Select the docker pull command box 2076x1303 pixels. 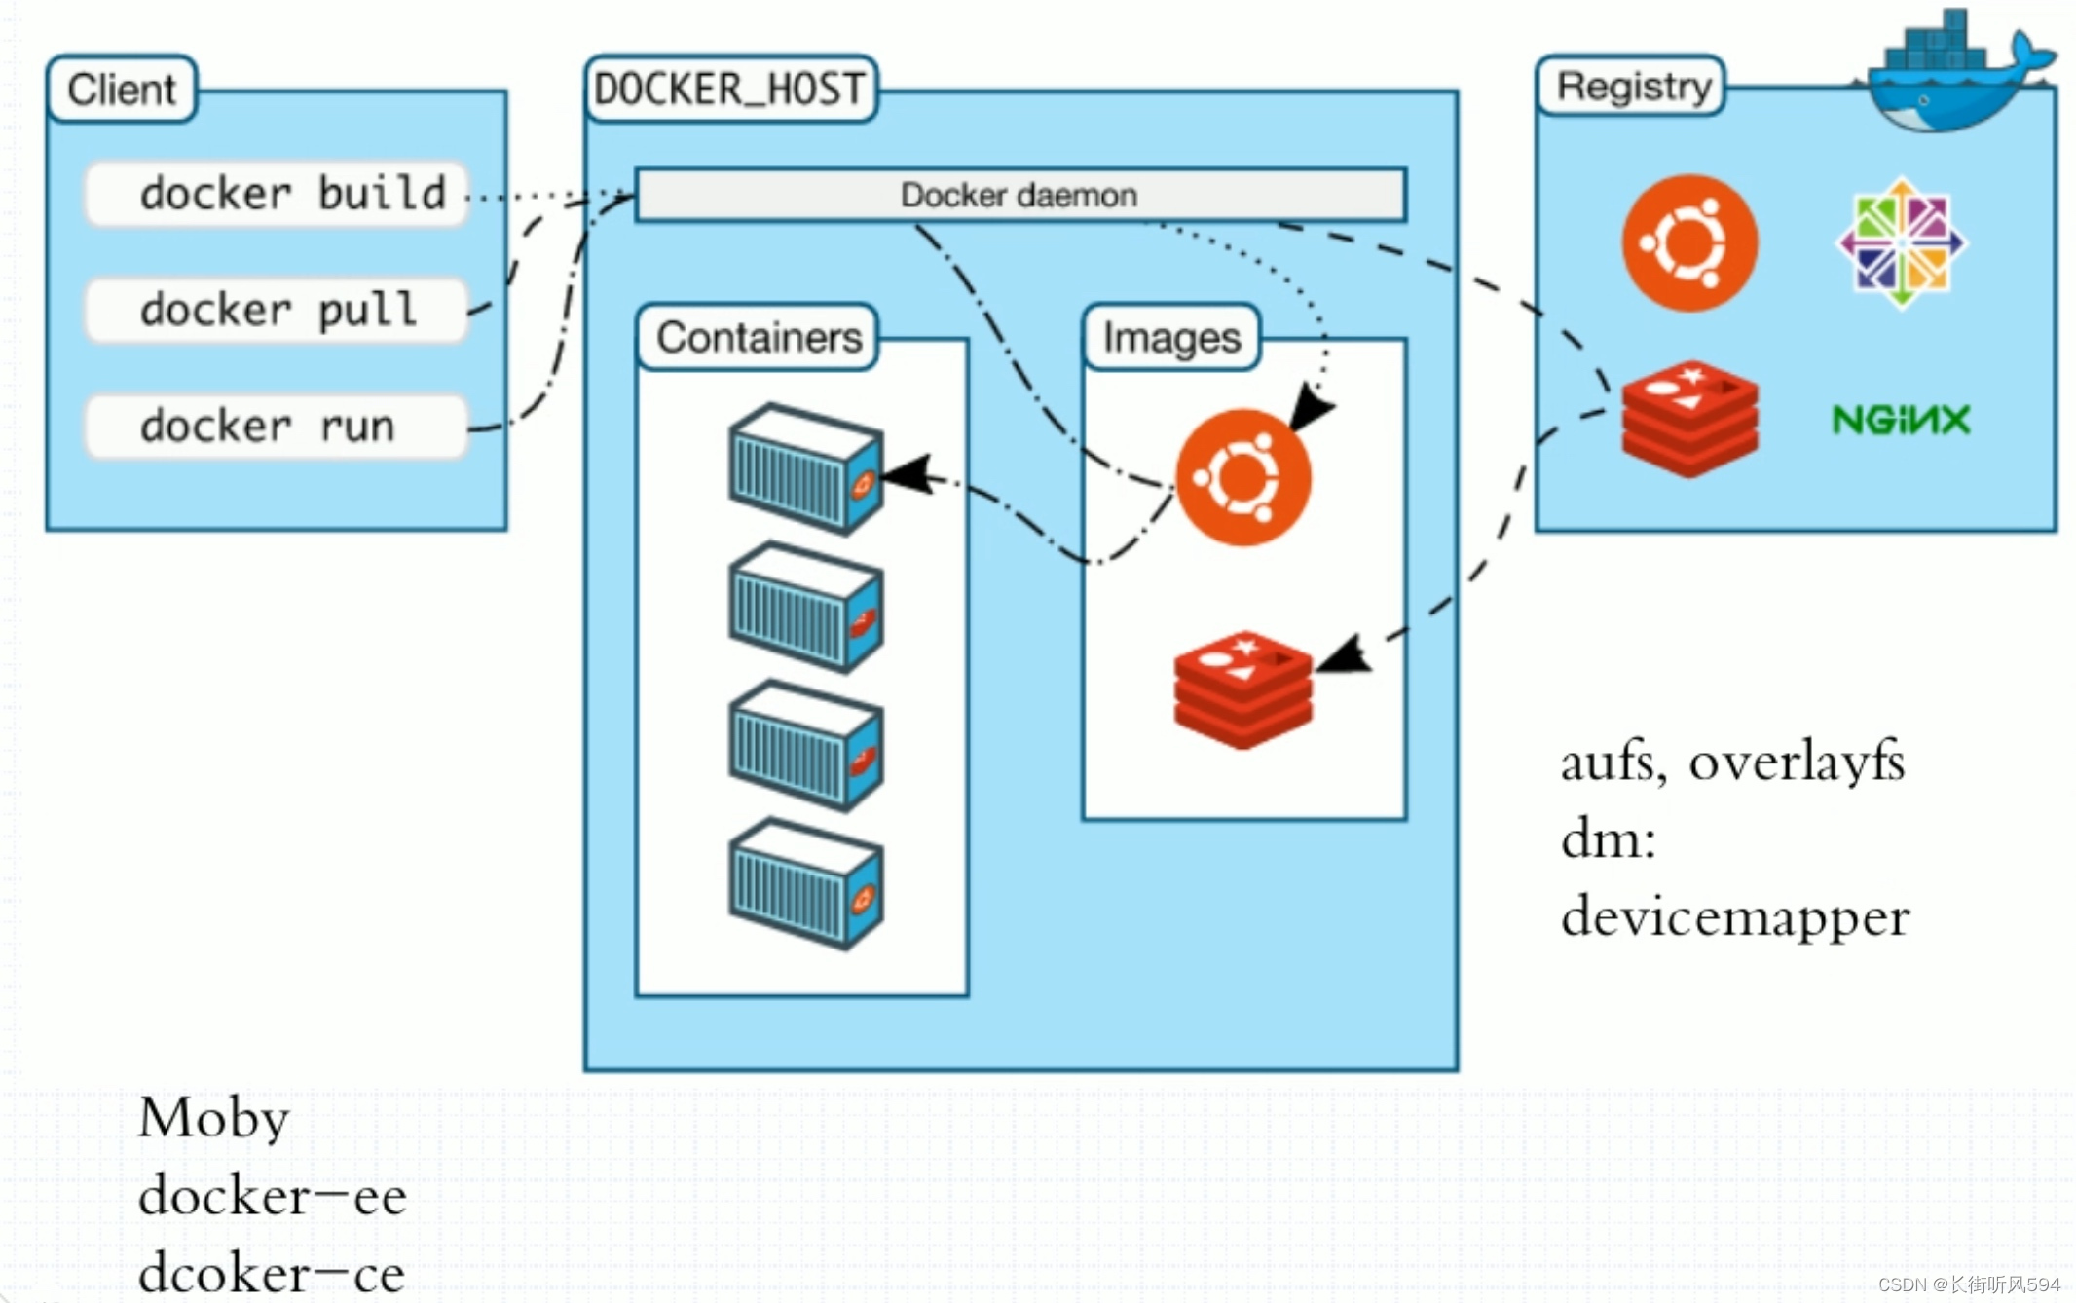277,311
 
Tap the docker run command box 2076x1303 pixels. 277,427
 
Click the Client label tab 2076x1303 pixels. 122,90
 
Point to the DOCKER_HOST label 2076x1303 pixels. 730,90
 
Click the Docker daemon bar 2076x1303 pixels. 1020,195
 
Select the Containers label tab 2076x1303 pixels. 758,338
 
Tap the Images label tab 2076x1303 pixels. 1171,338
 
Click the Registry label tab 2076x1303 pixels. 1631,87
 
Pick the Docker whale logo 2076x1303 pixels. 1959,73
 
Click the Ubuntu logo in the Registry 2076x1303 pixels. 1689,243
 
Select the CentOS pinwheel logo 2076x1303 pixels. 1901,242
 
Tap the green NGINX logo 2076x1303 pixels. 1901,420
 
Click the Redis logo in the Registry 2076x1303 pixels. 1689,419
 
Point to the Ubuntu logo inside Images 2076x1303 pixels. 1242,477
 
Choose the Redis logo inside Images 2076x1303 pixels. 1243,689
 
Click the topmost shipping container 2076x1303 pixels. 806,469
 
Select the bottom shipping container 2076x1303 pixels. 806,883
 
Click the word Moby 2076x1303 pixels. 214,1119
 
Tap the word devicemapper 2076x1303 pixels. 1735,918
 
